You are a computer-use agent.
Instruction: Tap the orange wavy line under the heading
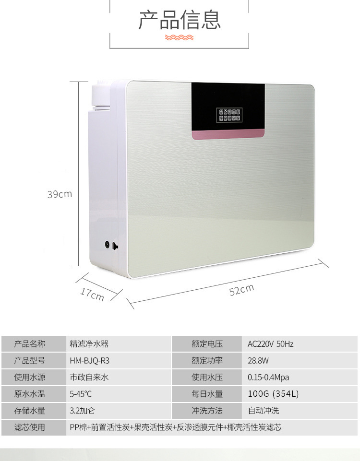180,37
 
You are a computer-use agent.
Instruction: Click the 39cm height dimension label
59,194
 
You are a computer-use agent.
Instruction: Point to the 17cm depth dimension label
92,294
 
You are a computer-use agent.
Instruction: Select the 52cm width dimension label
241,290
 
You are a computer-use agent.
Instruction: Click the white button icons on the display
229,115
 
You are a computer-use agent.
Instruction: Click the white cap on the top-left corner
101,94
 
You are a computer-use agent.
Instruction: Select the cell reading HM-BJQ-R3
86,361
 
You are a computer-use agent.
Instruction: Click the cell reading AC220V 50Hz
270,344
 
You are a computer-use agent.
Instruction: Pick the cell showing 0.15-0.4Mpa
268,378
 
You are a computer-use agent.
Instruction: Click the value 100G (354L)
273,394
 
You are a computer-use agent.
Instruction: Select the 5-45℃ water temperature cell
81,394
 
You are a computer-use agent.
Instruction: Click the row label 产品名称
30,344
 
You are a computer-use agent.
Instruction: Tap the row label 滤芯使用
30,427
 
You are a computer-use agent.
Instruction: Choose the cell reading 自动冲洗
263,411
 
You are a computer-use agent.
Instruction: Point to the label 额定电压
207,344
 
